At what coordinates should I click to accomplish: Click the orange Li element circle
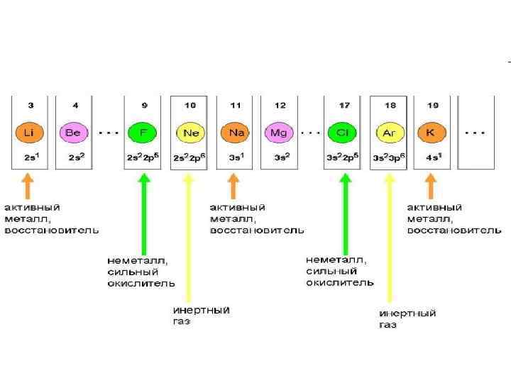28,133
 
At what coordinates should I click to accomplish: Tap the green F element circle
143,133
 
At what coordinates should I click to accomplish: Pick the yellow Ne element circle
189,133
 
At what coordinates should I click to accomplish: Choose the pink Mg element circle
279,133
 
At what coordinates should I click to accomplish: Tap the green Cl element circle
344,133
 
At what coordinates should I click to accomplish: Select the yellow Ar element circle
389,133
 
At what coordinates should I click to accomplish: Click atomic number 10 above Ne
190,106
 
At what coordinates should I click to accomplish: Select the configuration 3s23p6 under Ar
390,157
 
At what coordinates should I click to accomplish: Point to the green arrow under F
145,213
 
